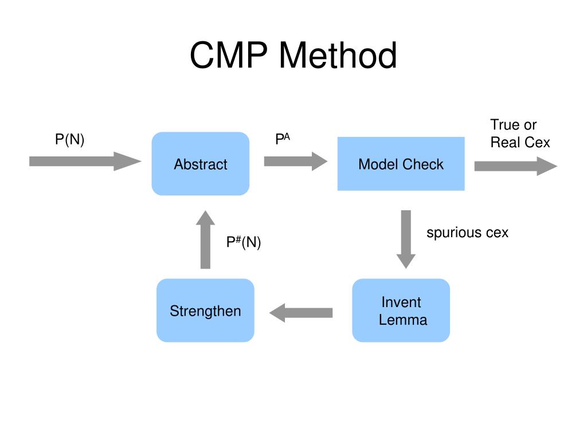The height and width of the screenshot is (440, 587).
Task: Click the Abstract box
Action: [201, 163]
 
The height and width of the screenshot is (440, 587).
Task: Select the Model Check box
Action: [401, 164]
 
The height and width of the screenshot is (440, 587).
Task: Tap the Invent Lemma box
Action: [401, 310]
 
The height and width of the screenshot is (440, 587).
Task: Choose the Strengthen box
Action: [206, 310]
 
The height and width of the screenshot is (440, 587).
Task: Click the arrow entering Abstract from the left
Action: [85, 161]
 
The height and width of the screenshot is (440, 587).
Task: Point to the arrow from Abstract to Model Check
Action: [296, 161]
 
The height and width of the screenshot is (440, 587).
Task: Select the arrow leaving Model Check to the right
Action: [516, 166]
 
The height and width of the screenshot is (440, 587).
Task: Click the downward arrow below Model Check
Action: [406, 239]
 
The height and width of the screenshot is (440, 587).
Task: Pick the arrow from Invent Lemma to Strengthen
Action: [301, 313]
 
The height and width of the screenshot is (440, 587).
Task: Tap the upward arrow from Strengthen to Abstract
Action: [206, 239]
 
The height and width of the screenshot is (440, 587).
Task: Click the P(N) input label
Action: [69, 140]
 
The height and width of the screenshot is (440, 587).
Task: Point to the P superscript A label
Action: [283, 139]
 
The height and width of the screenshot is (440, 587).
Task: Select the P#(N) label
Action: [244, 242]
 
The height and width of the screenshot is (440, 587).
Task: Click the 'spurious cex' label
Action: [468, 233]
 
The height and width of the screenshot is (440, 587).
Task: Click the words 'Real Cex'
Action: [521, 143]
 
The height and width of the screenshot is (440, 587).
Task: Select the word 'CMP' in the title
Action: [229, 55]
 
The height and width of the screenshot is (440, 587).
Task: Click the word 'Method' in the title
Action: [338, 55]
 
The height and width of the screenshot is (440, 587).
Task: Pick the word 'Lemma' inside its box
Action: [403, 320]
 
